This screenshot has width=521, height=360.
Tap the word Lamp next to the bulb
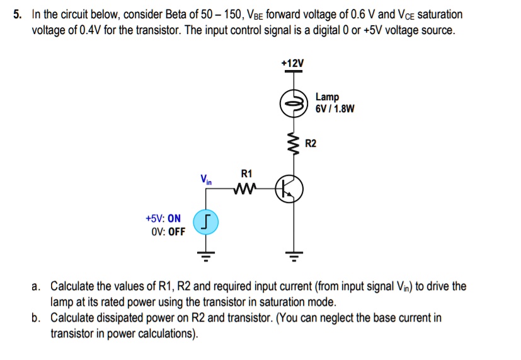pyautogui.click(x=327, y=97)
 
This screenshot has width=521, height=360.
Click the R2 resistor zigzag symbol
pyautogui.click(x=292, y=144)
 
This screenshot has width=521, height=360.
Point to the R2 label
pyautogui.click(x=311, y=144)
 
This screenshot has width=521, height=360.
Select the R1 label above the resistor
pyautogui.click(x=246, y=173)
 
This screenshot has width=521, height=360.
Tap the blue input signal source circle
pyautogui.click(x=205, y=223)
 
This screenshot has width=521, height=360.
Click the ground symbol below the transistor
pyautogui.click(x=292, y=255)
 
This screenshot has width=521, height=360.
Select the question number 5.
pyautogui.click(x=18, y=14)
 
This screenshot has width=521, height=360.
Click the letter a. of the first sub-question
pyautogui.click(x=37, y=286)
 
